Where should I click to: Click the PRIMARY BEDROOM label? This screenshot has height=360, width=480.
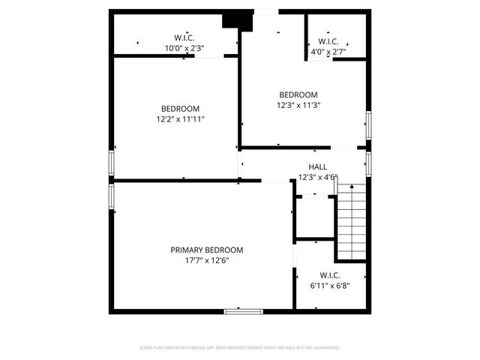click(206, 250)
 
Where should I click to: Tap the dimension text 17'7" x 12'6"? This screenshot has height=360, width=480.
click(206, 260)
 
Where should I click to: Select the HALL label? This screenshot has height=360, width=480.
click(317, 166)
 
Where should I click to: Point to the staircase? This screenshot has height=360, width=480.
click(350, 223)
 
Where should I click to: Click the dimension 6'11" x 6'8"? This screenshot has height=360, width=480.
click(330, 285)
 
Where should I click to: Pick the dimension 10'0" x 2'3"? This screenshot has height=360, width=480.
click(184, 48)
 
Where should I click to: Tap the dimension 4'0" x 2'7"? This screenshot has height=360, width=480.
click(328, 52)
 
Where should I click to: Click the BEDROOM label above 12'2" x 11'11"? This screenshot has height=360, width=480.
click(180, 109)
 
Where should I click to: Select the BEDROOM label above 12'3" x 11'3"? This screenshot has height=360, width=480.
click(298, 94)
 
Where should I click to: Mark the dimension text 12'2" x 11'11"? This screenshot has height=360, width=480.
click(180, 119)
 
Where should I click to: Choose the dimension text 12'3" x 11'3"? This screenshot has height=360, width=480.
click(298, 105)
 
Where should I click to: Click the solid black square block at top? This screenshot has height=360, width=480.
click(239, 20)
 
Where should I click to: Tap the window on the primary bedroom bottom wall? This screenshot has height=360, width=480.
click(243, 310)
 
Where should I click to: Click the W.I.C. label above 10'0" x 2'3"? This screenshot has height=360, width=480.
click(184, 37)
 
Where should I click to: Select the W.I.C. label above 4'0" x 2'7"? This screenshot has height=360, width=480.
click(328, 41)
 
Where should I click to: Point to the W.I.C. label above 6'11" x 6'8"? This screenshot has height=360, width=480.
click(330, 274)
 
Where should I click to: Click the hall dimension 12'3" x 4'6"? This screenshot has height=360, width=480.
click(317, 178)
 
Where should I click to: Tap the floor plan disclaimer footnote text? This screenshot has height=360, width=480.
click(240, 348)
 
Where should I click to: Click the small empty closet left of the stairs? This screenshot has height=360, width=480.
click(314, 217)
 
